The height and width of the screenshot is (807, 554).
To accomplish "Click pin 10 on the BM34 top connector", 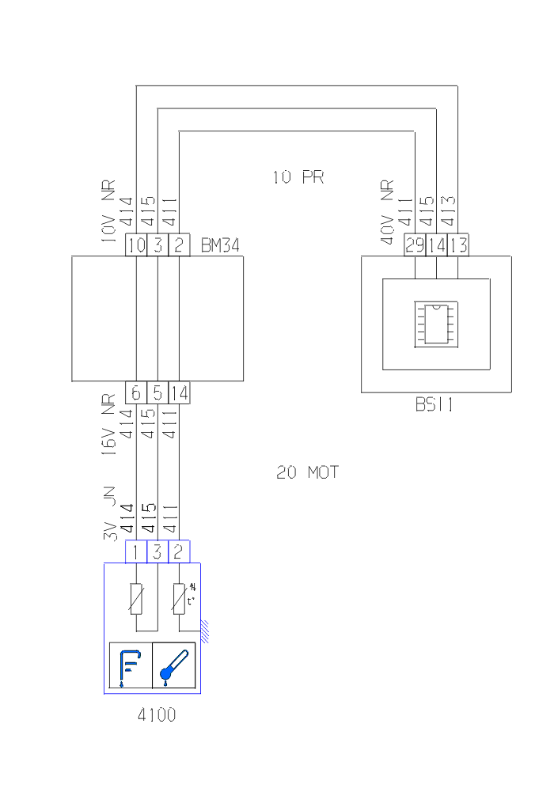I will click(136, 245).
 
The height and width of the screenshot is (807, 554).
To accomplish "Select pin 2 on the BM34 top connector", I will click(180, 245).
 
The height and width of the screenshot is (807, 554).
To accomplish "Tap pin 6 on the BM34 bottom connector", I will click(136, 392).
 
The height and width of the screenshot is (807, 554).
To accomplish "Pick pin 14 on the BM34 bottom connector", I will click(180, 392).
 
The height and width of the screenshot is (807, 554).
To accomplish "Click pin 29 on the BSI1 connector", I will click(414, 245).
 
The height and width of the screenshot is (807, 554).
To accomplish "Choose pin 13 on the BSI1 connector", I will click(457, 245).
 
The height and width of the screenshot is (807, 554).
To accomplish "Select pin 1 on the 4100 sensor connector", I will click(136, 551).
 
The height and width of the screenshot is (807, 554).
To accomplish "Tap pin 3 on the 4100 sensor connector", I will click(157, 551).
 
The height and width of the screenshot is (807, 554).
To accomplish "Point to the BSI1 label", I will click(434, 404).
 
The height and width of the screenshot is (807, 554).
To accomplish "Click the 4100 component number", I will click(156, 715).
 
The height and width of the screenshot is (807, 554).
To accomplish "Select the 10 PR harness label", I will click(298, 177).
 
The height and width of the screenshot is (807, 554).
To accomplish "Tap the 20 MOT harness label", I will click(307, 472).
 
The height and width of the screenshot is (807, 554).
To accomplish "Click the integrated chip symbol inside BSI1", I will click(434, 324).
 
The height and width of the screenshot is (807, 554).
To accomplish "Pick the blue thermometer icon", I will click(173, 665).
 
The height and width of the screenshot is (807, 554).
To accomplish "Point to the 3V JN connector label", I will click(110, 513).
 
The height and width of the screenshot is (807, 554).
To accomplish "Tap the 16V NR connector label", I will click(110, 426).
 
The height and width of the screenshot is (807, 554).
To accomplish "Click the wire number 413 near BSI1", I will click(448, 211).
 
